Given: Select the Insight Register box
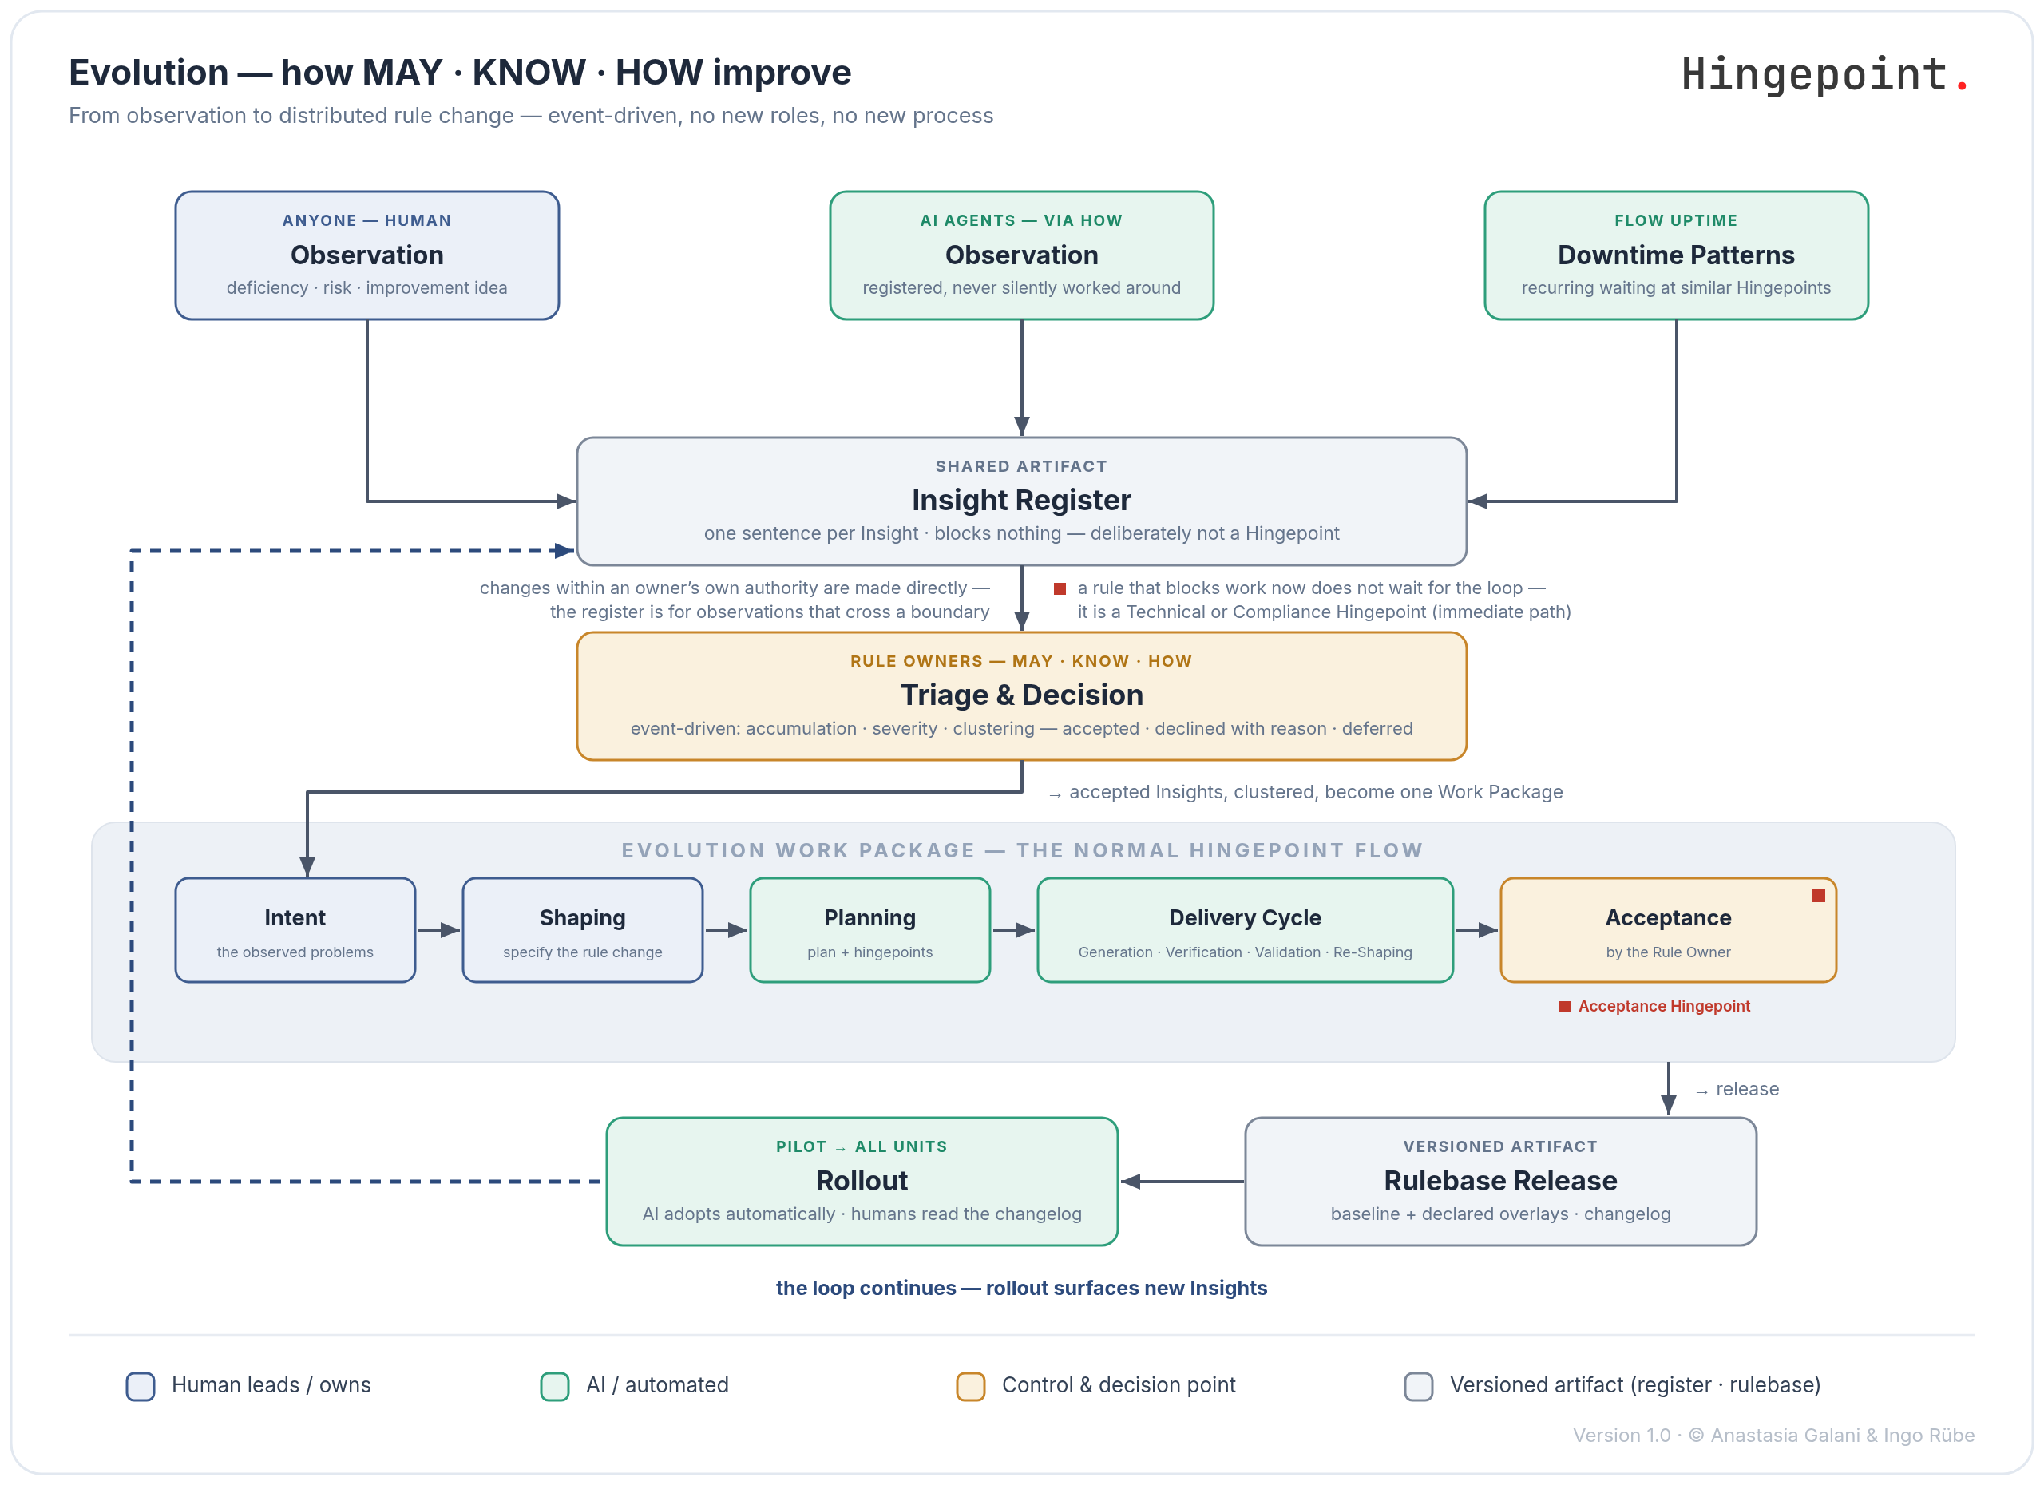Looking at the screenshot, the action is (1021, 501).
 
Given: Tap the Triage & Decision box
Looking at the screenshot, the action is (1021, 695).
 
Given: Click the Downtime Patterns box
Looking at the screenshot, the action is (1676, 255).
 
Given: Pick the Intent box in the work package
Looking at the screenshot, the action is (295, 930).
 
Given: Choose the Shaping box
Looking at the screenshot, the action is (582, 930).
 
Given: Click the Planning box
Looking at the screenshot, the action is (869, 930).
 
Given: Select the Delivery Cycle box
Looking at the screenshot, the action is (1245, 930).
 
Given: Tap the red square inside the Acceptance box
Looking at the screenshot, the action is (1818, 896).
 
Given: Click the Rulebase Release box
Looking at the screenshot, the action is (1500, 1182).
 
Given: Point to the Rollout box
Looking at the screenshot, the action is (862, 1182).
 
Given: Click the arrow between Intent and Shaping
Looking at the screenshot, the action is (439, 930).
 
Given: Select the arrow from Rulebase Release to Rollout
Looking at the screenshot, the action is (1182, 1182).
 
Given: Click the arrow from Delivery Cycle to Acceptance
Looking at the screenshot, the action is (1477, 930).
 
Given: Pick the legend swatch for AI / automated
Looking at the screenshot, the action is (554, 1386).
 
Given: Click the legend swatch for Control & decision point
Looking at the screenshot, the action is (970, 1386).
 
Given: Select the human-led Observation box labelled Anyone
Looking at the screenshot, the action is (366, 255).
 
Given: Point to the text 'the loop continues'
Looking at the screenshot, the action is (866, 1288).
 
